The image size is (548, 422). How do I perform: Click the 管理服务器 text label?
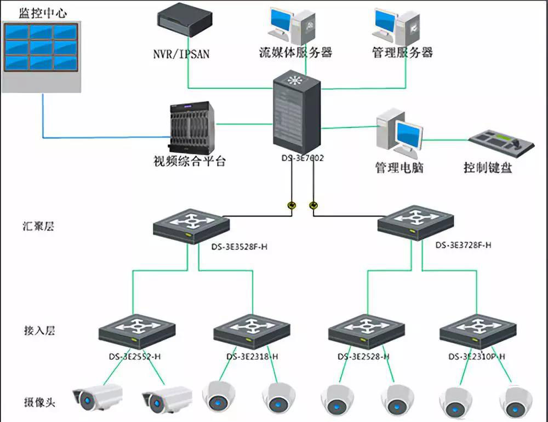[x=402, y=53]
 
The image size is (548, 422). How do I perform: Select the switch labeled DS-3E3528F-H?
[x=191, y=225]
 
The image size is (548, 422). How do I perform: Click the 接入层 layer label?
[x=39, y=330]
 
